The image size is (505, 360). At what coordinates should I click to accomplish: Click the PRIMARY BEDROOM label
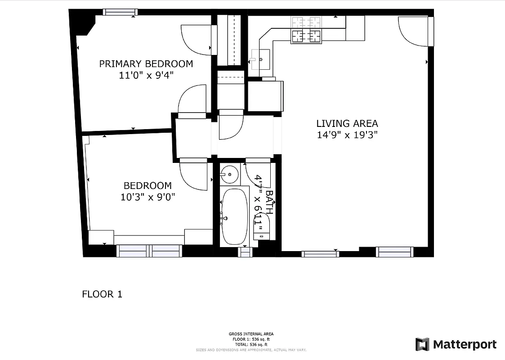[146, 64]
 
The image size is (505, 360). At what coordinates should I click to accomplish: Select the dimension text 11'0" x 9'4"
[146, 76]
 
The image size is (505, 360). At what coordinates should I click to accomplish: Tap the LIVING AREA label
[347, 123]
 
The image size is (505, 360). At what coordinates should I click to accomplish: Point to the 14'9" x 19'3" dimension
[347, 135]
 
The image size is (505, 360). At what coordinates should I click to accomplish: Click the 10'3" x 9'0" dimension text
[148, 197]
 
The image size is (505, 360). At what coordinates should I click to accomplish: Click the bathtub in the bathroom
[235, 216]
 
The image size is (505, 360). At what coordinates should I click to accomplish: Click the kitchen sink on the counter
[259, 59]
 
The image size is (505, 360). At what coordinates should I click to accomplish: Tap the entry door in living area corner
[413, 31]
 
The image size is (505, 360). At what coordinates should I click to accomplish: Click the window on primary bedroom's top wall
[119, 12]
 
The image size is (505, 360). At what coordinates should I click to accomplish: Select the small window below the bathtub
[244, 252]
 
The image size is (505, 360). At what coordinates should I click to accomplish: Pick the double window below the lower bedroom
[149, 251]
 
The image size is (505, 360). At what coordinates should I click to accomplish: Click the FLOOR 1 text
[102, 294]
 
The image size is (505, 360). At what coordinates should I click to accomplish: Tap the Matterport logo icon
[422, 344]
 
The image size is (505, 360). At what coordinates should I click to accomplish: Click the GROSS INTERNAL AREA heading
[251, 334]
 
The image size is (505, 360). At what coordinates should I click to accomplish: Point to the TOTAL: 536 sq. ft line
[251, 344]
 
